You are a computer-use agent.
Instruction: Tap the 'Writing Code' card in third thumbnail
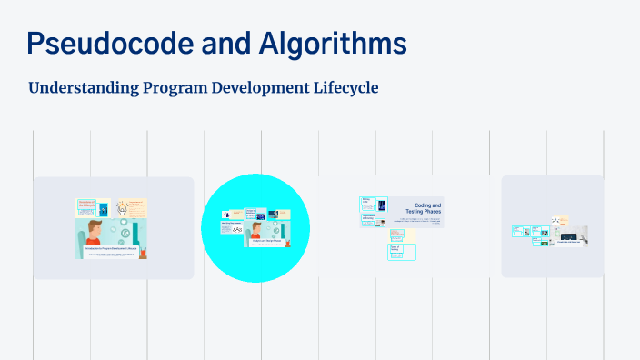coord(367,202)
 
